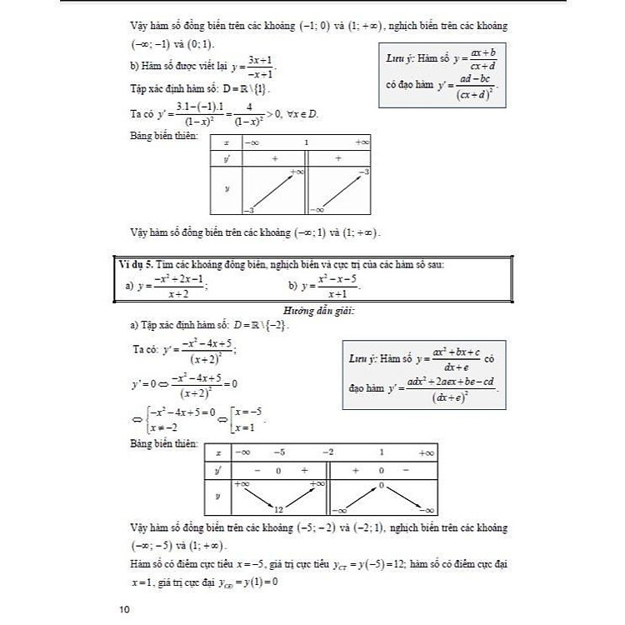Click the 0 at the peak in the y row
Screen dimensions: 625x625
[380, 484]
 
